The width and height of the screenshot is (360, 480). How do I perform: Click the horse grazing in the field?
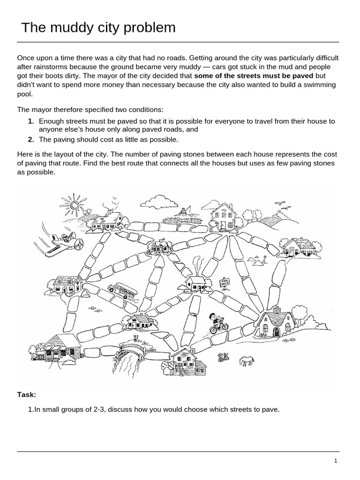click(247, 361)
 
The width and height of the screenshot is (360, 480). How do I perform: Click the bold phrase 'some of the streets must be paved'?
click(254, 75)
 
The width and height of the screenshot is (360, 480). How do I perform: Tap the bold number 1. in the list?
click(31, 121)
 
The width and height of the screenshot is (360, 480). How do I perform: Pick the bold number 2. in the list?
click(31, 140)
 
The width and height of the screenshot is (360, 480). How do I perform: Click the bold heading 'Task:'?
click(27, 395)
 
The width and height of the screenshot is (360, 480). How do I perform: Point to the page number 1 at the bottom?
click(336, 461)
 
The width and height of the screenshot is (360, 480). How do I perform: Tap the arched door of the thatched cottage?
click(276, 332)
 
